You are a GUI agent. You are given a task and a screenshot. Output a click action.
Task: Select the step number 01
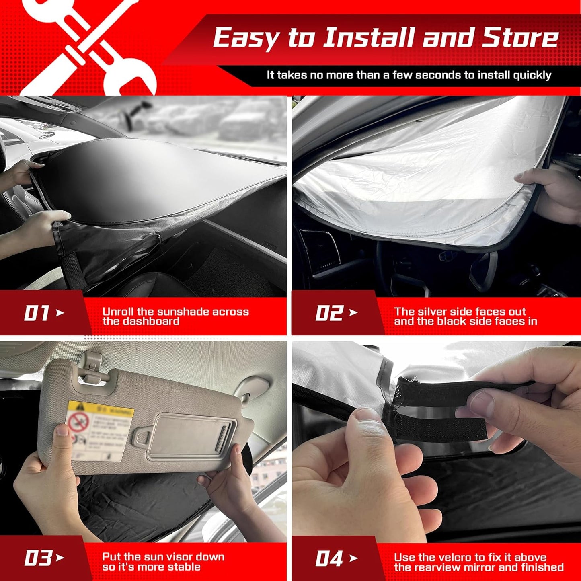[37, 313]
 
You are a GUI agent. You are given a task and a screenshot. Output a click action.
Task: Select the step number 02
[329, 313]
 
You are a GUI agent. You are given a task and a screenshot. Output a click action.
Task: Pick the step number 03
[38, 558]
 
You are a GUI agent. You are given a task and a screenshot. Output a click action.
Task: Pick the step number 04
[329, 558]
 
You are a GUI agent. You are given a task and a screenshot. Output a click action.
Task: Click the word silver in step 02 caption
[432, 312]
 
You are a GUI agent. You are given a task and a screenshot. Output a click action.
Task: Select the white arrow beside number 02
[353, 312]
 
